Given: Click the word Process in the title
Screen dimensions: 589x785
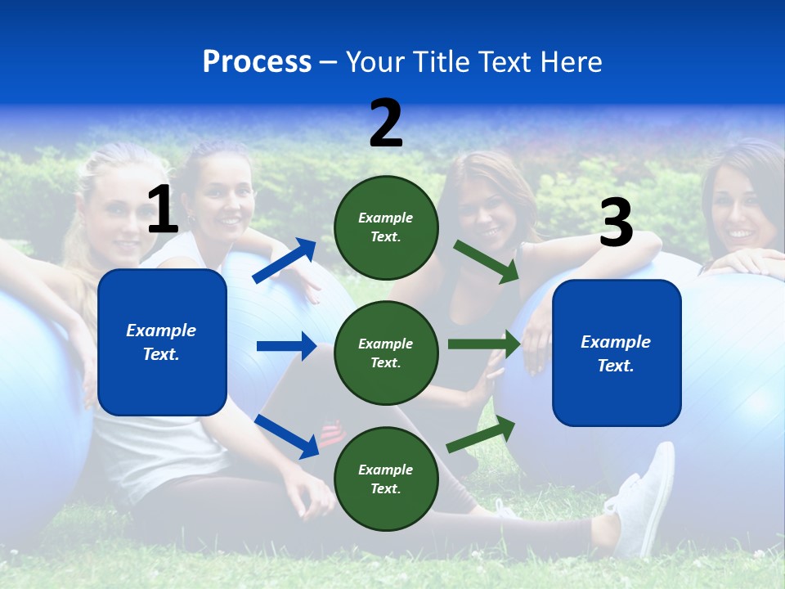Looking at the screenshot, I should coord(257,62).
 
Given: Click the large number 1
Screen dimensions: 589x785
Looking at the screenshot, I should coord(163,210).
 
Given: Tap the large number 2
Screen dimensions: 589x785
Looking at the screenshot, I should coord(386,124).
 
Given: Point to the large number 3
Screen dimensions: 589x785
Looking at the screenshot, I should coord(616,223).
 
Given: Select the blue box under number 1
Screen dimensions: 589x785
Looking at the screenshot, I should coord(162,342).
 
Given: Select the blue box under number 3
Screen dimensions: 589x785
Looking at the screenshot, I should coord(617,353).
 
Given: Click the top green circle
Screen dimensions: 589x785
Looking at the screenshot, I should coord(386,227).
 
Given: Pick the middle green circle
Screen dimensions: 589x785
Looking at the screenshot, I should coord(386,353).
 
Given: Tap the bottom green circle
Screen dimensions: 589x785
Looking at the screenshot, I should coord(386,479).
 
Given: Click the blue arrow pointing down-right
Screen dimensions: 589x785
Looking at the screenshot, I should coord(286,436).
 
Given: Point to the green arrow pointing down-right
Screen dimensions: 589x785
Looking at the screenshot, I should coord(487,261).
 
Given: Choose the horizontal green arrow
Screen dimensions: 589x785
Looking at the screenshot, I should coord(483,344).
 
